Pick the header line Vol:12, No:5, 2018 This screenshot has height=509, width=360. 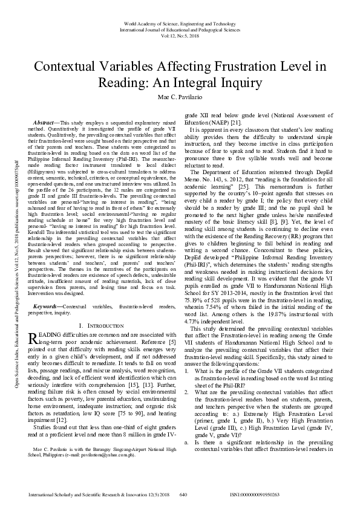click(x=180, y=35)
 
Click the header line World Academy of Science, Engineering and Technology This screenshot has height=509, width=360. click(x=180, y=22)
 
